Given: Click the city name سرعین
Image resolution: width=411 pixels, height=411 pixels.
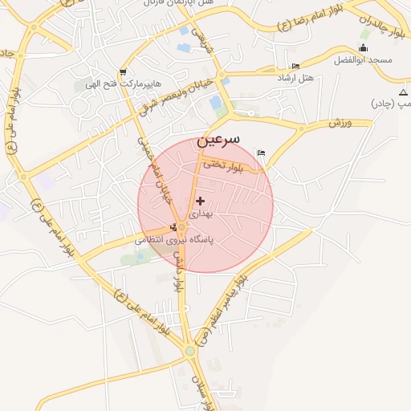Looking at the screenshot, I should click(x=223, y=139).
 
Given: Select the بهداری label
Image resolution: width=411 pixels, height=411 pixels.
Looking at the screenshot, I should click(x=200, y=215).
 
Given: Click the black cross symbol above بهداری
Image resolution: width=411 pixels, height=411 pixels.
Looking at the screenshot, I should click(x=200, y=200).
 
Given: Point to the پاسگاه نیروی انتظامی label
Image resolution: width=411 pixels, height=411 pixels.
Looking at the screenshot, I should click(x=173, y=240).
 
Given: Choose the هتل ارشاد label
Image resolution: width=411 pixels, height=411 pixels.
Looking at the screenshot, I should click(x=295, y=77).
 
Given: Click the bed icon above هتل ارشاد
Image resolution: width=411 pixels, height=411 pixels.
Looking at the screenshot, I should click(x=295, y=66).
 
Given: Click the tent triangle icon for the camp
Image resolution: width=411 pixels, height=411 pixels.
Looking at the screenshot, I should click(x=403, y=93).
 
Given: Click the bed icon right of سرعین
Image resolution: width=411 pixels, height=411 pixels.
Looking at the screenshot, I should click(x=261, y=153).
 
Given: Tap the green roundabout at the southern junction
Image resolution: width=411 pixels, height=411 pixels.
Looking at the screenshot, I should click(x=189, y=350).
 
